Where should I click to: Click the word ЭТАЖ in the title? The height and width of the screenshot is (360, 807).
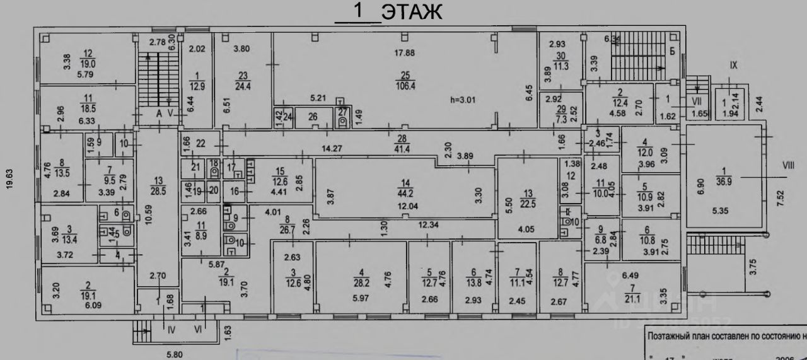(x=412, y=12)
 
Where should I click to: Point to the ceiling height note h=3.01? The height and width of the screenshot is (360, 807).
(x=465, y=99)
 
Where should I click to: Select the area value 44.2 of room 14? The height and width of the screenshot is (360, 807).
(x=405, y=194)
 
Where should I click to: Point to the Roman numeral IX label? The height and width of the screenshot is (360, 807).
(x=733, y=65)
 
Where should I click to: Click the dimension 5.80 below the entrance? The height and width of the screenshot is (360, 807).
(x=175, y=354)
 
